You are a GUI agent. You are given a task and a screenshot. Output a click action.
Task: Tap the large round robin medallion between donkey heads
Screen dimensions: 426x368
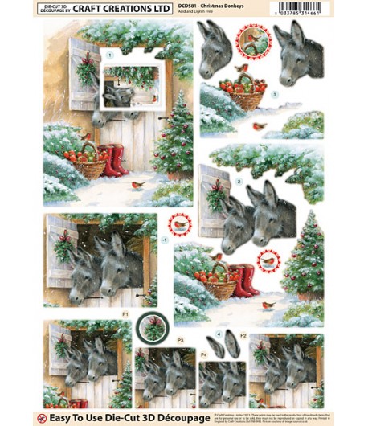point(253,41)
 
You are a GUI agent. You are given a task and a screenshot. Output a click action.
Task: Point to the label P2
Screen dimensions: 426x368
point(243,334)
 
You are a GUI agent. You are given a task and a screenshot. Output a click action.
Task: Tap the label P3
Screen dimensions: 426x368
point(180,342)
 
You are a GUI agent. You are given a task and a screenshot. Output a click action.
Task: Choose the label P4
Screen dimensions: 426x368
point(204,354)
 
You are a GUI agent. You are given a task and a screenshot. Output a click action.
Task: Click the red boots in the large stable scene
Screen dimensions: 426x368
point(111,160)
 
